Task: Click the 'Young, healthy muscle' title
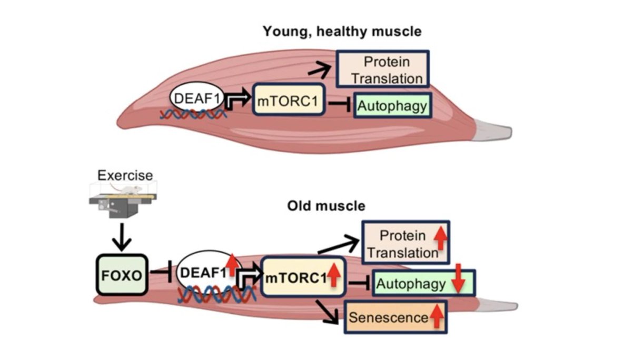[x=342, y=32]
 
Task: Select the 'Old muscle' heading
[x=326, y=206]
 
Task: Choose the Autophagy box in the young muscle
[x=392, y=106]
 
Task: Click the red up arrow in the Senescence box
[x=437, y=316]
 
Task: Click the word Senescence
[x=388, y=317]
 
